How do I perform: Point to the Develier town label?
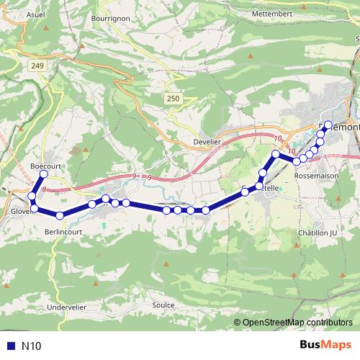click(x=210, y=143)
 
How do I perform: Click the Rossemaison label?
click(x=318, y=175)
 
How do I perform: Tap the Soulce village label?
click(x=165, y=305)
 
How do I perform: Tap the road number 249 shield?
click(x=37, y=66)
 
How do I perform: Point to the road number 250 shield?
click(x=171, y=99)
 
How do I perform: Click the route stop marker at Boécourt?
click(x=43, y=174)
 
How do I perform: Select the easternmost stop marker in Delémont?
click(x=328, y=125)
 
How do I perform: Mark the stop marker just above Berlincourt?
click(x=60, y=215)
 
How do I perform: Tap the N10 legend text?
click(x=32, y=346)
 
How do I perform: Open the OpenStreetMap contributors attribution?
click(x=297, y=322)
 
